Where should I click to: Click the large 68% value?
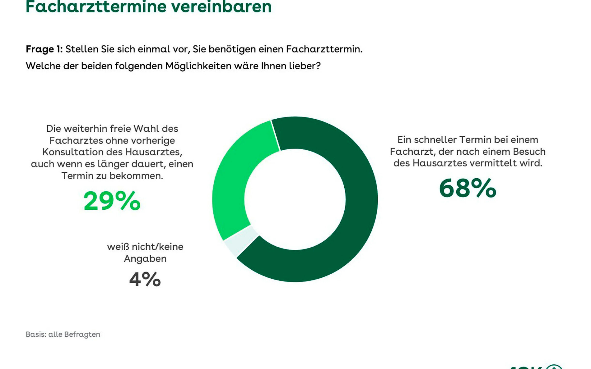click(467, 188)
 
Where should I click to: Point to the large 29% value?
click(112, 201)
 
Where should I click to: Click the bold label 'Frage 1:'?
click(44, 49)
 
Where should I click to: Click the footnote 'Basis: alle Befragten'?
click(63, 334)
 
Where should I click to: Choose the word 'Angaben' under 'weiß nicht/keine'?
click(145, 258)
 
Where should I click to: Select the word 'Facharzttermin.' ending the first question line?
click(324, 49)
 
